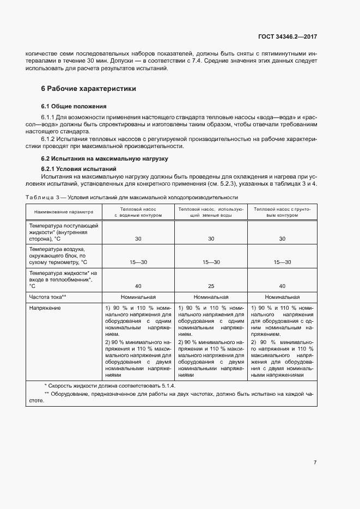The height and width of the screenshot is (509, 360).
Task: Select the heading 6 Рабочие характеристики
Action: pyautogui.click(x=89, y=88)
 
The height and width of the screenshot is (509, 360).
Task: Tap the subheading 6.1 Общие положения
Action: pyautogui.click(x=74, y=106)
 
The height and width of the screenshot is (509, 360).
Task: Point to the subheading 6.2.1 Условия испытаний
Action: pyautogui.click(x=79, y=169)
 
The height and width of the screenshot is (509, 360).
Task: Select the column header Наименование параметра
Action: pyautogui.click(x=64, y=212)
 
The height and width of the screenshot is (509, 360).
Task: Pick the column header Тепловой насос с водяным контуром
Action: pyautogui.click(x=138, y=212)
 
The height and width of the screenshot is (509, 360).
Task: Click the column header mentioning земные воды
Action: pyautogui.click(x=211, y=212)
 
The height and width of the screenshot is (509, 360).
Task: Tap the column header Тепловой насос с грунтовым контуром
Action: pyautogui.click(x=282, y=212)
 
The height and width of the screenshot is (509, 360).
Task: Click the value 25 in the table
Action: pyautogui.click(x=211, y=285)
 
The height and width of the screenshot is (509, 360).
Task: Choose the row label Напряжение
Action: pyautogui.click(x=45, y=308)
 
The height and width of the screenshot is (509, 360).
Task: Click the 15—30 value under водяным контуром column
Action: pyautogui.click(x=138, y=262)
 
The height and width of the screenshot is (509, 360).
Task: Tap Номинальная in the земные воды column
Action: pyautogui.click(x=211, y=297)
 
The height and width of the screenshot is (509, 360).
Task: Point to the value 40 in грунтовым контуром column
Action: pyautogui.click(x=282, y=285)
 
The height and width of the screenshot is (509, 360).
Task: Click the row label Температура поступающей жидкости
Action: pyautogui.click(x=64, y=231)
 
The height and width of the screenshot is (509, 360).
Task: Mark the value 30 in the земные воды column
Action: pyautogui.click(x=211, y=238)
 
